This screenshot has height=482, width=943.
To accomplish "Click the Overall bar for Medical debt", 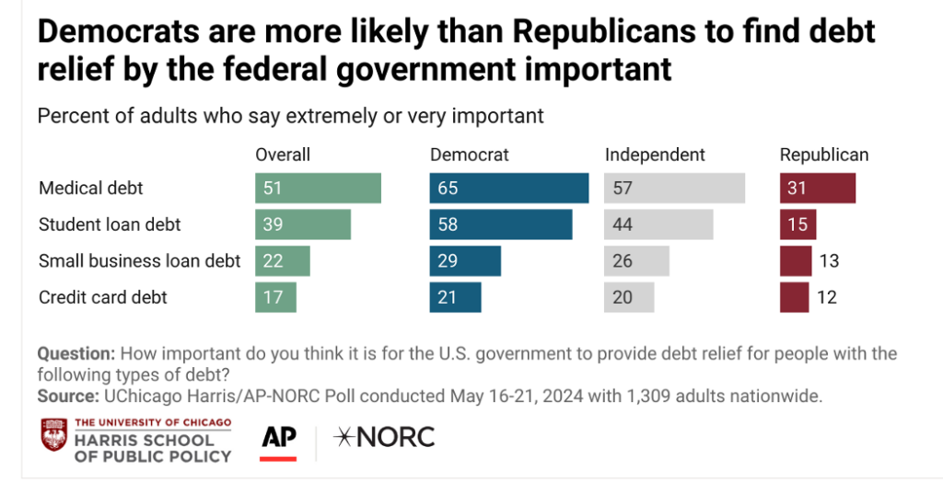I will point(318,189).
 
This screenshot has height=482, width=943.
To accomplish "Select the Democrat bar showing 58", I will point(501,224).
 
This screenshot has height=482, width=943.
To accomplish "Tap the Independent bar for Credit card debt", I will point(629,297).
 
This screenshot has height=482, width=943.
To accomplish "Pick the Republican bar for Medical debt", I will point(818,189).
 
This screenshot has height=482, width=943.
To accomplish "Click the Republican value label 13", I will point(829,261).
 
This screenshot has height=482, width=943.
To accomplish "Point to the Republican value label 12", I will point(826,297).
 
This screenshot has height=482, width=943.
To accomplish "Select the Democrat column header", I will point(470,155).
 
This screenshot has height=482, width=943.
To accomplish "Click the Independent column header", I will point(655,155).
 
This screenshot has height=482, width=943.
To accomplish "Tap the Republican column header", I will point(824,155).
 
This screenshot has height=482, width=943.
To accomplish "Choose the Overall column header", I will point(283,155).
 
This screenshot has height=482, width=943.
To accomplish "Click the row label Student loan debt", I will point(110,224).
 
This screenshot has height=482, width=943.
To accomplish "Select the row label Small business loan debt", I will point(139,261).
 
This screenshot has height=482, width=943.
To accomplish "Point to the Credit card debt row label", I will point(103,297).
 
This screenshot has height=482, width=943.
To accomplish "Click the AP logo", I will point(279,438).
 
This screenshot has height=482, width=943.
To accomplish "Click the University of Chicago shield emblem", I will point(53,435).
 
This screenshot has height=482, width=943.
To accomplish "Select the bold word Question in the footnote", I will point(76,354).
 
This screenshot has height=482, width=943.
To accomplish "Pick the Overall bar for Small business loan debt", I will point(283,261).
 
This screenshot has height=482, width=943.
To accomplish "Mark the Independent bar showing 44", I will point(658,224).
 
